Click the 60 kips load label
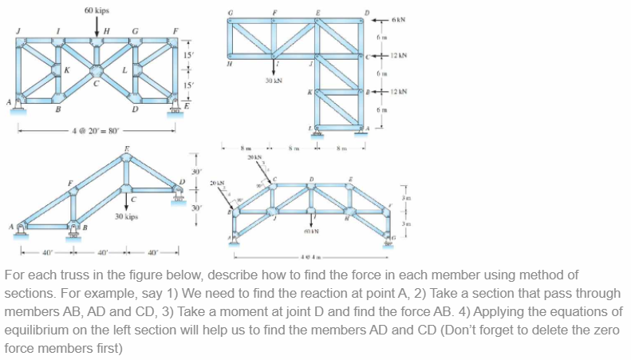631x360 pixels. pyautogui.click(x=97, y=10)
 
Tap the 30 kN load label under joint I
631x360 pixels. pyautogui.click(x=274, y=81)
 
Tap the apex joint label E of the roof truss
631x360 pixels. pyautogui.click(x=124, y=148)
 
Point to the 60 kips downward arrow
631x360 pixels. pyautogui.click(x=97, y=26)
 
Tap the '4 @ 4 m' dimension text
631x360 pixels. pyautogui.click(x=310, y=258)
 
